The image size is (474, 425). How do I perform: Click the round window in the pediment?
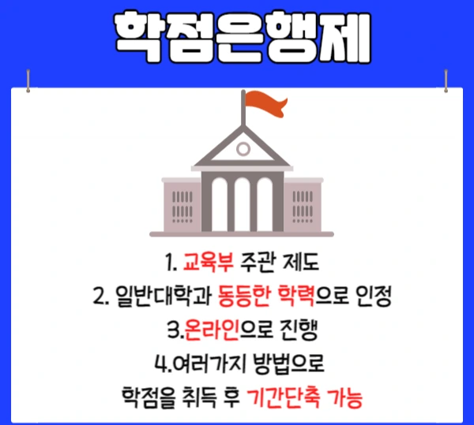tap(243, 147)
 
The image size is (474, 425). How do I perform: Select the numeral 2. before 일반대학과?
tap(100, 297)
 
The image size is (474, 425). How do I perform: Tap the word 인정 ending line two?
tap(365, 297)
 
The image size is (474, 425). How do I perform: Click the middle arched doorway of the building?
tap(243, 204)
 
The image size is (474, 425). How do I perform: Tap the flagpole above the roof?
tap(243, 118)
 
